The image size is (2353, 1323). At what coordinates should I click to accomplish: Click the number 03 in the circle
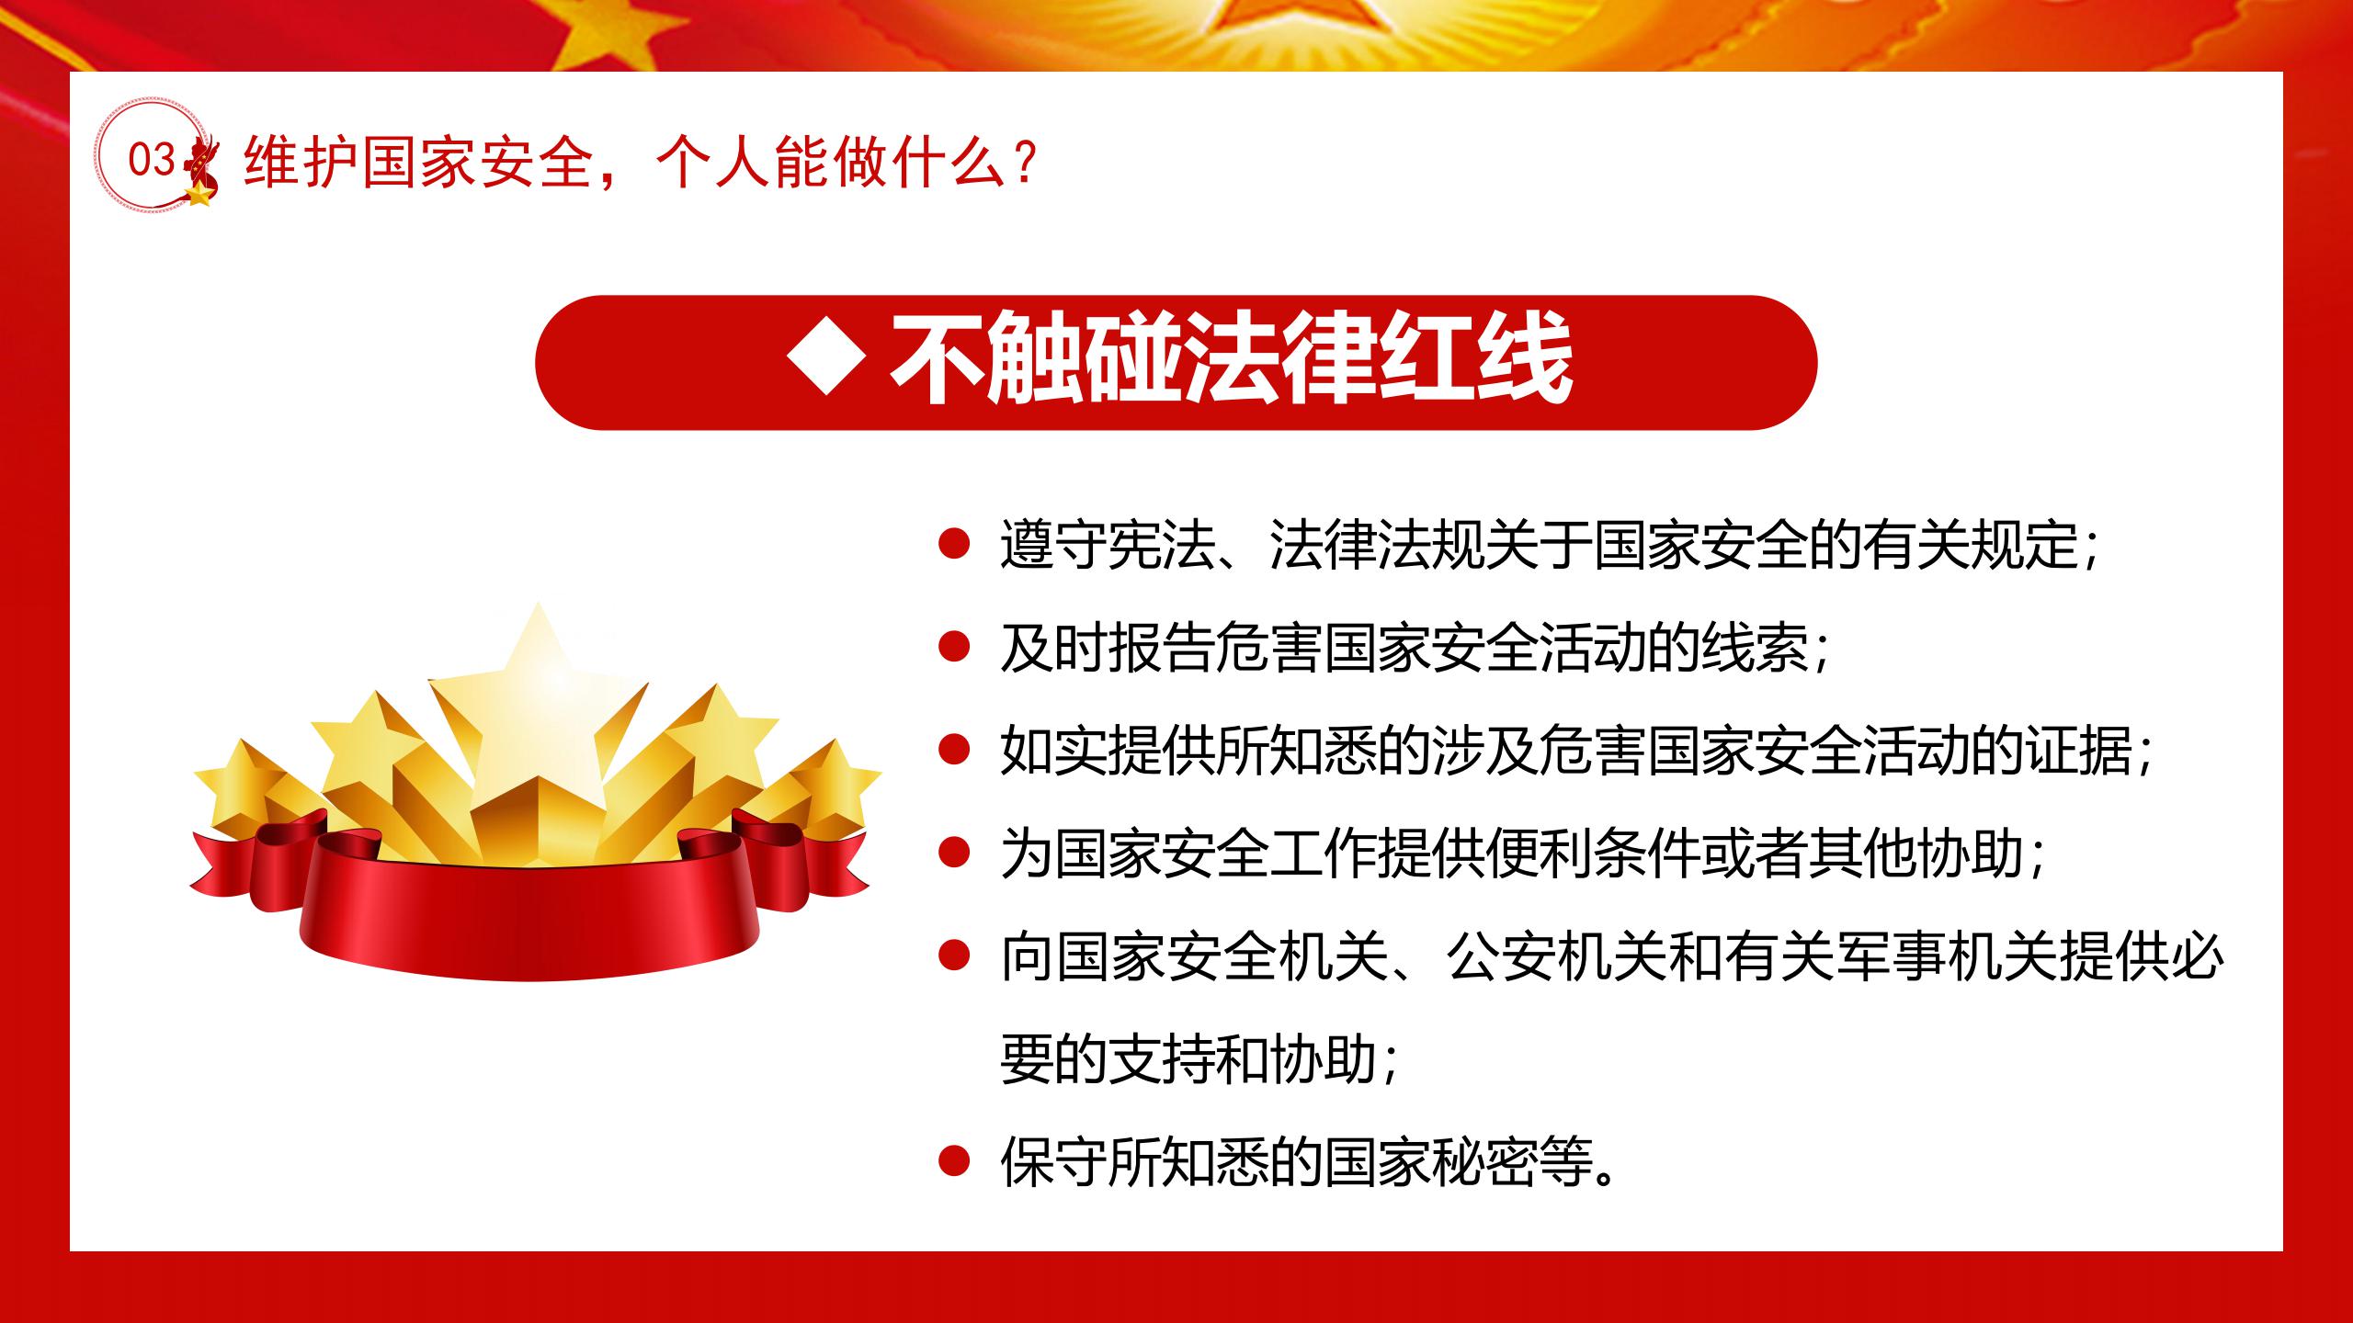tap(152, 160)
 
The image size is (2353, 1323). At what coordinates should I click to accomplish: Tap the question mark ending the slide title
tap(1029, 164)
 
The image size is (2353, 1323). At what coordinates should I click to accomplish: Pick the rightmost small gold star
tap(832, 786)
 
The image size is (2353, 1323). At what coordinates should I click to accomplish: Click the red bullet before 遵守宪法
tap(954, 543)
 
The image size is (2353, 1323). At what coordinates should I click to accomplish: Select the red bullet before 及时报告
tap(954, 647)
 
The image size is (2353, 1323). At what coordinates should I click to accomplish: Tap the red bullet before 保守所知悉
tap(954, 1161)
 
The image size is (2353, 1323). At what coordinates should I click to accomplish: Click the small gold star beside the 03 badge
tap(198, 193)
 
